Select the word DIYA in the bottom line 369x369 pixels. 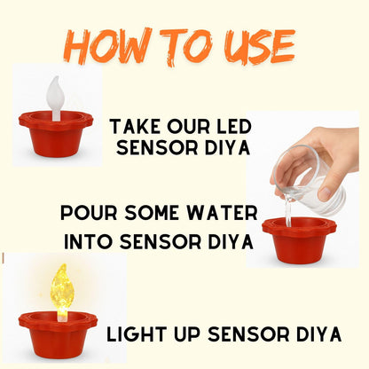coord(314,334)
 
